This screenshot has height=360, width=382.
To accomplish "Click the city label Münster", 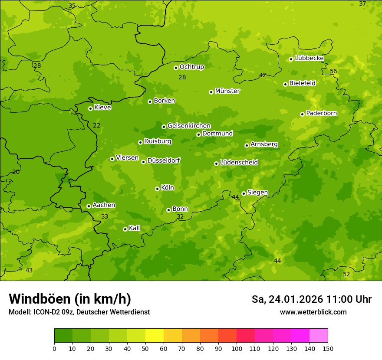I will (x=227, y=91).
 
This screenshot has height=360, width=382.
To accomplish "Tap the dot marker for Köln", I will (x=157, y=189).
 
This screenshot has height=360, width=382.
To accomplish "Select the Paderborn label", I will (x=322, y=113).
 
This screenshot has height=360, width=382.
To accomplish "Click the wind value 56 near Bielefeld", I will (x=333, y=71).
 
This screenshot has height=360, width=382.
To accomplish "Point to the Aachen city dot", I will (x=89, y=206).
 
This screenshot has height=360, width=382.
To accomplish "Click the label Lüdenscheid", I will (x=239, y=163).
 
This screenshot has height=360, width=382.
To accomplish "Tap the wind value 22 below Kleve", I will (x=96, y=125).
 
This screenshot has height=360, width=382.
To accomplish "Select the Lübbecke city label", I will (x=309, y=58).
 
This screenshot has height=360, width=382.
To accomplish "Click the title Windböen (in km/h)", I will (x=70, y=299).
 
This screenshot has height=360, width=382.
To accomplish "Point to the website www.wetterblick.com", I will (x=313, y=312).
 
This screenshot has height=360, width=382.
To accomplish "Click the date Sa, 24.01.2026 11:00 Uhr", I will (x=311, y=299).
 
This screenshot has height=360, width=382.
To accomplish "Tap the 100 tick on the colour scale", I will (x=237, y=348).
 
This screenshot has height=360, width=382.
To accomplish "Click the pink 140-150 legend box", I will (x=319, y=336).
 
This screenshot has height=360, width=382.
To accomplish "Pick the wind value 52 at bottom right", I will (x=346, y=274).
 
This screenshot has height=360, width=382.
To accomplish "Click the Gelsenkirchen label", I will (x=189, y=126).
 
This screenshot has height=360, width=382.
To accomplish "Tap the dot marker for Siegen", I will (x=244, y=193).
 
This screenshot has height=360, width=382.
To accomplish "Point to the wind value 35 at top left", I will (x=72, y=6).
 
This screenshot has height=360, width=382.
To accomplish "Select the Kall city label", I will (x=134, y=228).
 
